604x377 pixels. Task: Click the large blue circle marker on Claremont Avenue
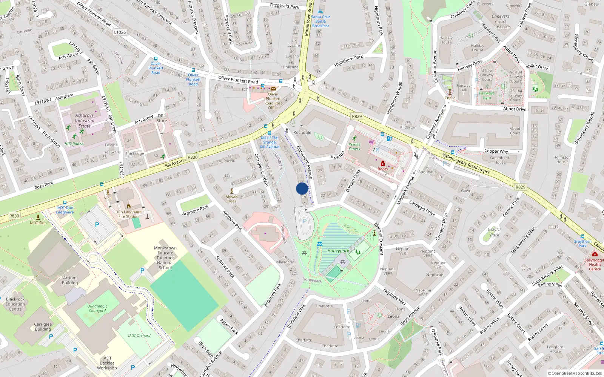(x=302, y=188)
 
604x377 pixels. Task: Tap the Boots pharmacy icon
(x=382, y=163)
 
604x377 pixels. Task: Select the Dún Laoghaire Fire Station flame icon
(x=128, y=206)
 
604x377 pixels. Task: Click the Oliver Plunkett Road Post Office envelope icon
(x=273, y=89)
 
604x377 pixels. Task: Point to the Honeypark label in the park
(x=338, y=251)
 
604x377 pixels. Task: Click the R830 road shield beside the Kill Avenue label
(x=193, y=157)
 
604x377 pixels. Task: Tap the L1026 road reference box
(x=120, y=32)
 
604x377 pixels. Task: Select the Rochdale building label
(x=302, y=132)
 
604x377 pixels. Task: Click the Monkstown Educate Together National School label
(x=165, y=258)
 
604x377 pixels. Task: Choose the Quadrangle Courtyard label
(x=97, y=308)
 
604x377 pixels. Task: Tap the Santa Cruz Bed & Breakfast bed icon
(x=320, y=12)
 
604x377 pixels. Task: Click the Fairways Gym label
(x=487, y=95)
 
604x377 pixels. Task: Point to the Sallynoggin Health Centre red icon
(x=595, y=254)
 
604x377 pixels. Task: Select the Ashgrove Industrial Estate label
(x=84, y=121)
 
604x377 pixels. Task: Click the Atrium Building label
(x=70, y=280)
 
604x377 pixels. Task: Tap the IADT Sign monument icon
(x=38, y=217)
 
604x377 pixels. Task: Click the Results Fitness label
(x=354, y=146)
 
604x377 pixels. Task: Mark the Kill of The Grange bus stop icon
(x=269, y=133)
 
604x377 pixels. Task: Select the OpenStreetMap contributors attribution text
(x=575, y=373)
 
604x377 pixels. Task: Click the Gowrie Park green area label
(x=494, y=232)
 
